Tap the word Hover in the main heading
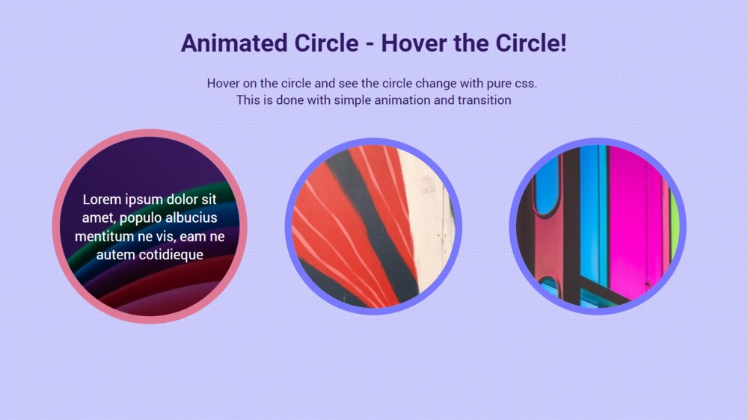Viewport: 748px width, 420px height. pos(412,43)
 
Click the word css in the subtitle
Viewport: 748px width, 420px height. pos(524,83)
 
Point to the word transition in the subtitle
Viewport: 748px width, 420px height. pos(483,99)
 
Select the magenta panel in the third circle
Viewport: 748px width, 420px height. pos(628,217)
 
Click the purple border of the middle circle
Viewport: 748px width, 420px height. pos(289,226)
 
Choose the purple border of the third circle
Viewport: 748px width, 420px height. pos(514,226)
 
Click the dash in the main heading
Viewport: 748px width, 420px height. pos(370,43)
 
